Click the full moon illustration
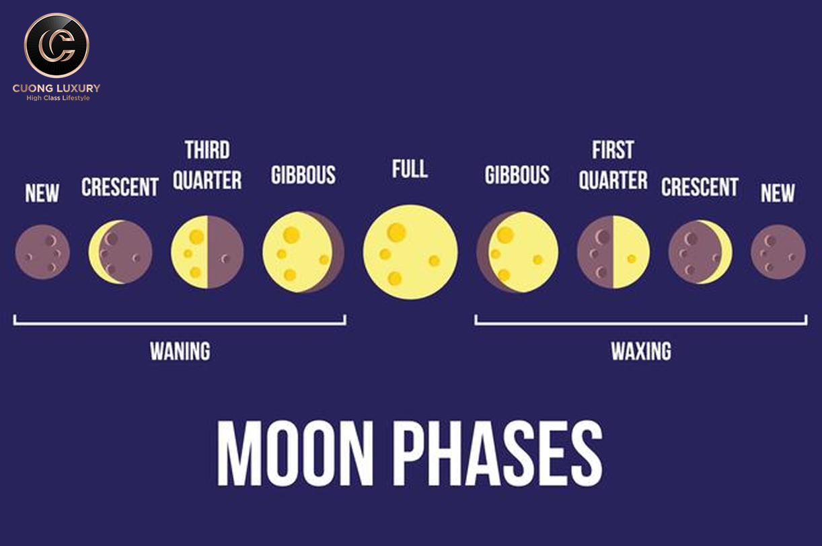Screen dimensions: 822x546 point(410,252)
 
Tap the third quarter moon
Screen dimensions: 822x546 point(207,252)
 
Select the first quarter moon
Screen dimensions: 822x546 point(613,252)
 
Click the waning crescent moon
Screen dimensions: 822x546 point(120,252)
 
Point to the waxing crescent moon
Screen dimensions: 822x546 point(700,252)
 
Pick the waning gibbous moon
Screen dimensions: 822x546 point(303,252)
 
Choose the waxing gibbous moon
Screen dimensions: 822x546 point(518,252)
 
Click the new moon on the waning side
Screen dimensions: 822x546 point(42,252)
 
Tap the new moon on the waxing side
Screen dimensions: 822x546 point(778,252)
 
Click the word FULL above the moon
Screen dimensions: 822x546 point(410,169)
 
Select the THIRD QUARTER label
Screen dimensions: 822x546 point(207,165)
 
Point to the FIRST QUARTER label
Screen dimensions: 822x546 point(613,165)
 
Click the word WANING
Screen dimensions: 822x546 point(180,351)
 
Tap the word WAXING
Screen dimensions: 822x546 point(641,351)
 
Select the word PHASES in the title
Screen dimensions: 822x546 point(500,453)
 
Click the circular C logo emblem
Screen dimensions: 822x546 point(57,46)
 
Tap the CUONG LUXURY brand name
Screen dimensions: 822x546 point(57,88)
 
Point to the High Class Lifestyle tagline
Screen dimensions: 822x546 point(58,98)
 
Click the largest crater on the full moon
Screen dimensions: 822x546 point(396,232)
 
